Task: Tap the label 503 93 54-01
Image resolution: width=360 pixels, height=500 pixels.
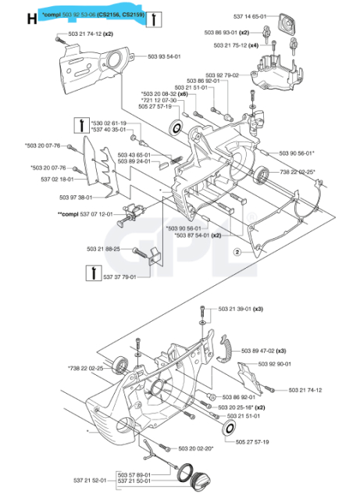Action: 164,56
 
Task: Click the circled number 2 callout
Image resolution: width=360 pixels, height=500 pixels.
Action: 236,251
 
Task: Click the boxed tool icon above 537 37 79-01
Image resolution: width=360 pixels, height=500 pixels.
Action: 92,271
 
